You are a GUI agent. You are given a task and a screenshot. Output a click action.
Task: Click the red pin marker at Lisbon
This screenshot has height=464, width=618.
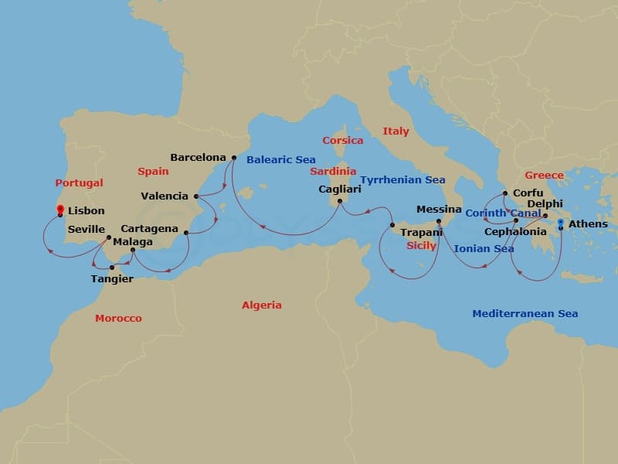59,208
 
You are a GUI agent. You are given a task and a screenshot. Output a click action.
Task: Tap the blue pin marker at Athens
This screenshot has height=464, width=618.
560,223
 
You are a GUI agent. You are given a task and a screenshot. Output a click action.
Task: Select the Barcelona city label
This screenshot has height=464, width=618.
198,157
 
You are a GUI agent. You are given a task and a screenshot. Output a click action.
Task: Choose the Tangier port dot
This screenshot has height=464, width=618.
112,268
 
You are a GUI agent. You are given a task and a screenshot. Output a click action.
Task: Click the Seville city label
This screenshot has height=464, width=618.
87,230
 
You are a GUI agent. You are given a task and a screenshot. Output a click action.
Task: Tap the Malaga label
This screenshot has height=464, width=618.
133,241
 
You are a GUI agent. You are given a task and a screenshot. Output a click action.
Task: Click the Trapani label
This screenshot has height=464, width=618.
421,232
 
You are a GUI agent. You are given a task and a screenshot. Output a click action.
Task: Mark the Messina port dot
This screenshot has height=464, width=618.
439,221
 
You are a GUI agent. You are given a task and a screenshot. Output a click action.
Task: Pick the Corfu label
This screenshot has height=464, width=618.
528,193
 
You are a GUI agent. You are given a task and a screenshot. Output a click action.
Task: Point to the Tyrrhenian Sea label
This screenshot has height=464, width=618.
402,180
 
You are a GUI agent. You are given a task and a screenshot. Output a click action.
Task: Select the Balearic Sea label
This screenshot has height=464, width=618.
281,160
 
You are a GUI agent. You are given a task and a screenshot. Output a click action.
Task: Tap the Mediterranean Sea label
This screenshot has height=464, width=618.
525,314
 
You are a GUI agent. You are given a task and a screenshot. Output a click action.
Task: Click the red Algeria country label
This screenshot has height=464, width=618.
262,305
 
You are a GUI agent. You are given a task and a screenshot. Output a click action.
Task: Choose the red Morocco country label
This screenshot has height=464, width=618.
118,319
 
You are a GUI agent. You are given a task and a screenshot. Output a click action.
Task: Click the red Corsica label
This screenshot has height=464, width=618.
342,141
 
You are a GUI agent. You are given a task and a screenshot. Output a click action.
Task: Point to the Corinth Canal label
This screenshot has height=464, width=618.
503,213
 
